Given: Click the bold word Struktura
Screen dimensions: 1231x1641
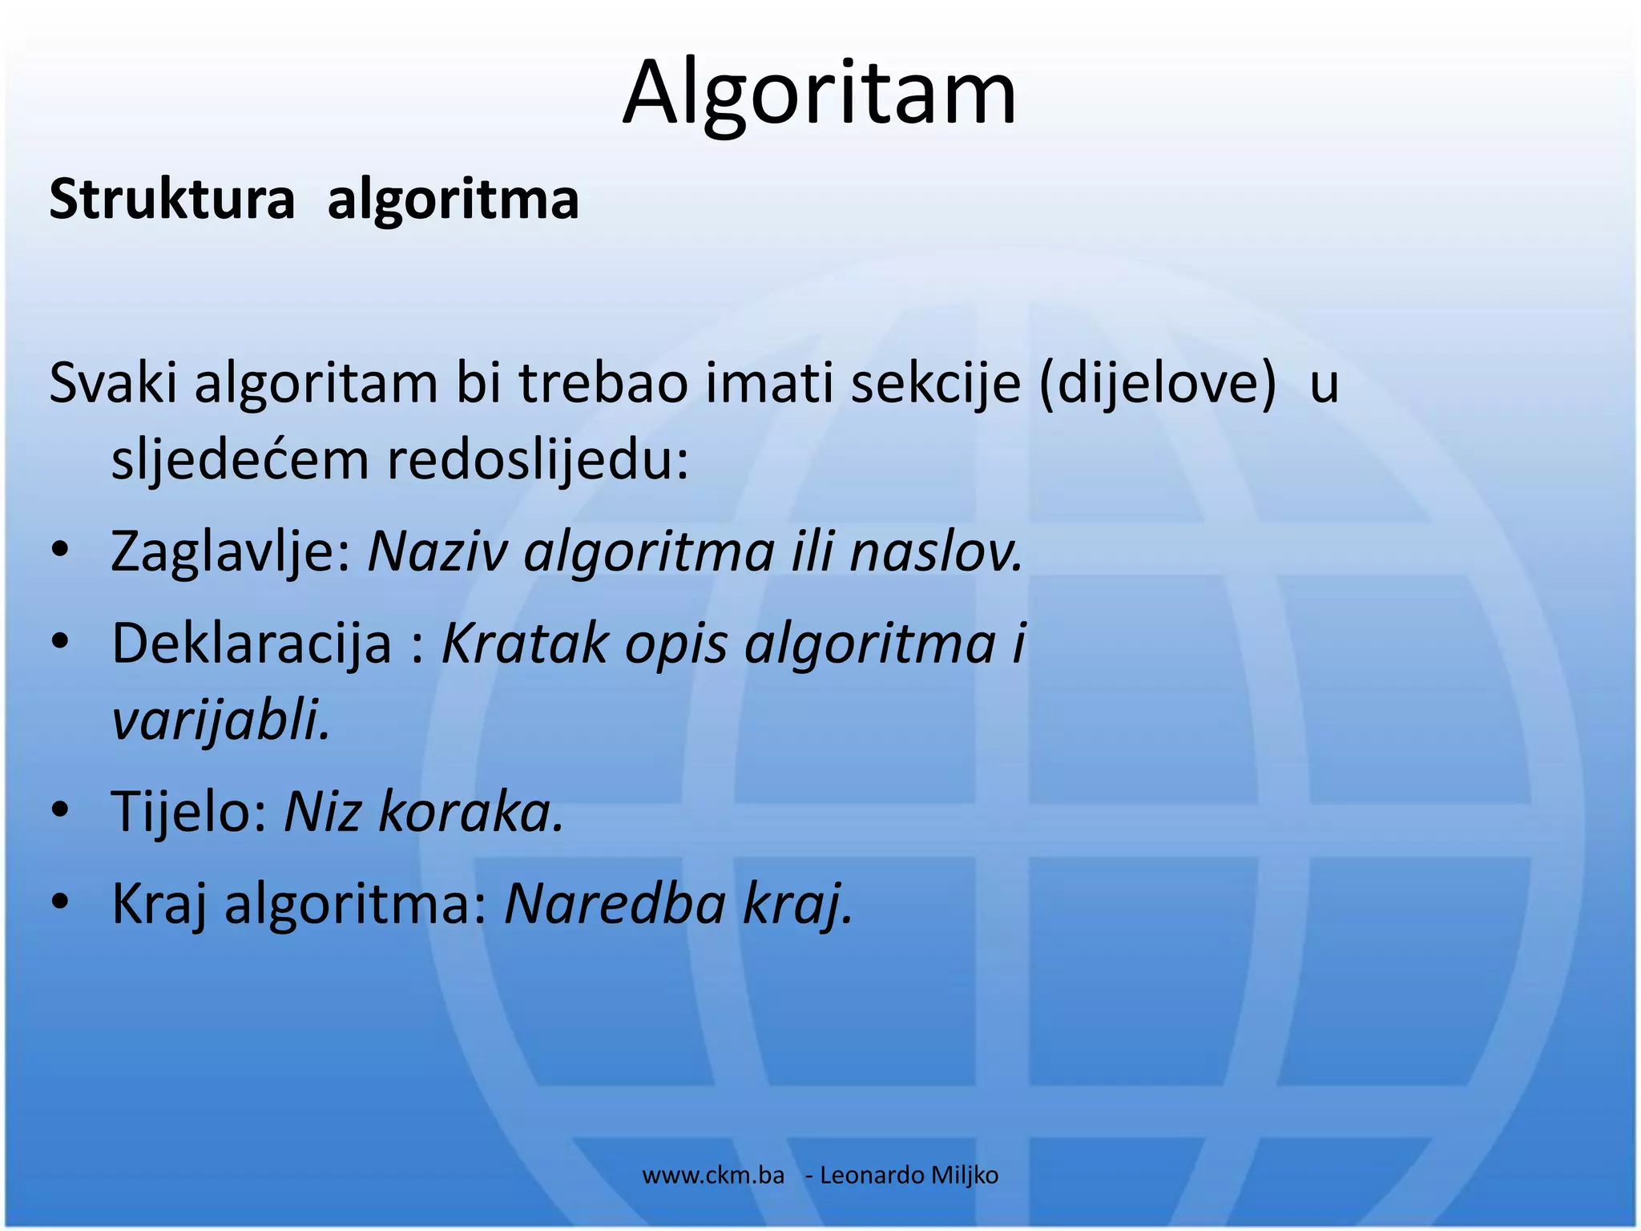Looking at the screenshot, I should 172,200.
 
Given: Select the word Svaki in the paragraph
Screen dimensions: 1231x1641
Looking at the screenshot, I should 113,384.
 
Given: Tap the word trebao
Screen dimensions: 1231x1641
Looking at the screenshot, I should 603,384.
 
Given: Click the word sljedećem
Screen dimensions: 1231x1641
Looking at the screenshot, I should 239,461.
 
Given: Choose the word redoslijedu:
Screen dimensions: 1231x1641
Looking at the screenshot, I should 538,461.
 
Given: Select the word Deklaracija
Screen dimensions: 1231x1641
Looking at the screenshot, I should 251,644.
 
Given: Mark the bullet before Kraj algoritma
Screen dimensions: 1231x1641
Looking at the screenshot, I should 60,904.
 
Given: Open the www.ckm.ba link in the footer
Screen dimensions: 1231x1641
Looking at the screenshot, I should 713,1176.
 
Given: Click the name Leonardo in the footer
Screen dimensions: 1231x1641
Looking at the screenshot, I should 872,1176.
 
